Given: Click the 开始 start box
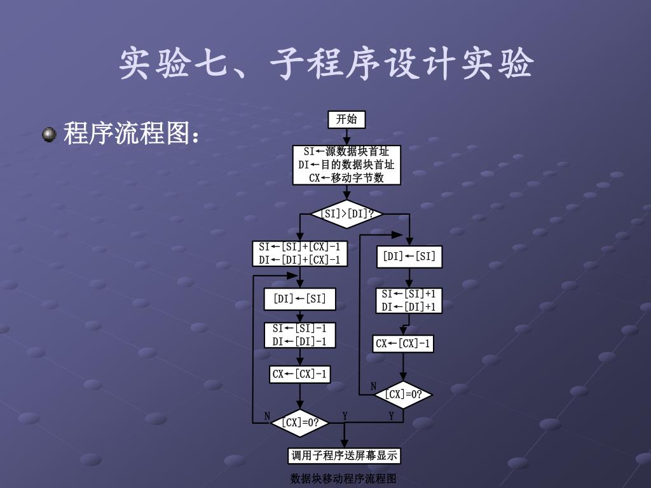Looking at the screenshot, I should tap(346, 119).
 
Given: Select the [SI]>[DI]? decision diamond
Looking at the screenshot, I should tap(346, 214).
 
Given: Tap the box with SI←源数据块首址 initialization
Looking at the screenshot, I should tap(346, 165).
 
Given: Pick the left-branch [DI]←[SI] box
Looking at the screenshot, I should tap(299, 299).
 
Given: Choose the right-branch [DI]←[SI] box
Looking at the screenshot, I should tap(409, 256).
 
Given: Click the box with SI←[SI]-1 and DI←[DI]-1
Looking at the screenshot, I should tap(299, 335).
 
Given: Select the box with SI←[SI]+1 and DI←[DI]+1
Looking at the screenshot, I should tap(409, 301).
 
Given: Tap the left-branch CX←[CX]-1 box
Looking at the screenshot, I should tap(299, 374).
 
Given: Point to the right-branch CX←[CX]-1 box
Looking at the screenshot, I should tap(403, 344).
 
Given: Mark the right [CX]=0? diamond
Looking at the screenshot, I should tap(403, 395).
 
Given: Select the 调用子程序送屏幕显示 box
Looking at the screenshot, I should tap(345, 456).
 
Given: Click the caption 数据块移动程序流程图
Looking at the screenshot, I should tap(343, 478).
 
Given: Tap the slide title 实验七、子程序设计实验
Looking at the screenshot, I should tap(325, 64).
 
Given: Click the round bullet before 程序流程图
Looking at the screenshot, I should tap(49, 134).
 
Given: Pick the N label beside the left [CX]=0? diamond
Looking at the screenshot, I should tap(268, 416).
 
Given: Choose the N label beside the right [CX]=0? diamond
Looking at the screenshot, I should tap(374, 386).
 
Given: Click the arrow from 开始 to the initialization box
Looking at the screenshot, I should tap(346, 137).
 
